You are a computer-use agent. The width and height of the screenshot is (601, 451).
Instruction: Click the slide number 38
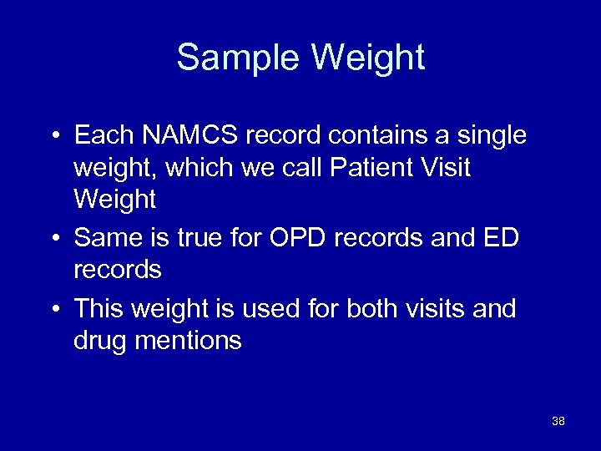point(558,421)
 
